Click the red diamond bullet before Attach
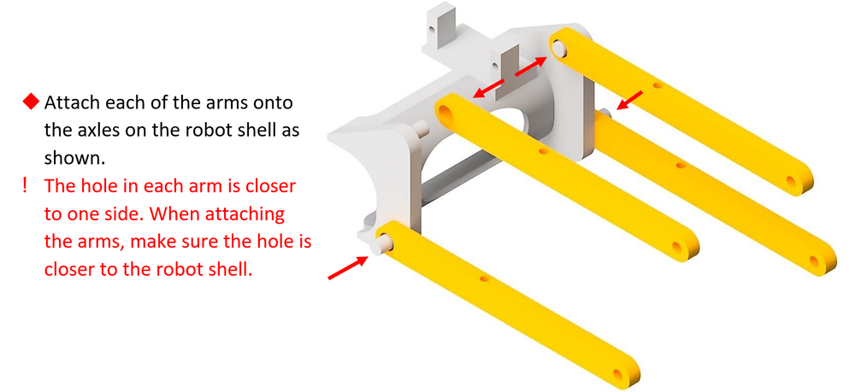pos(31,103)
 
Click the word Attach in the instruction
pos(70,103)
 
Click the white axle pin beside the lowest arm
pos(374,243)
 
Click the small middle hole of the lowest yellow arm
pos(486,278)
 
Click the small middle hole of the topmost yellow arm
pos(657,85)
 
